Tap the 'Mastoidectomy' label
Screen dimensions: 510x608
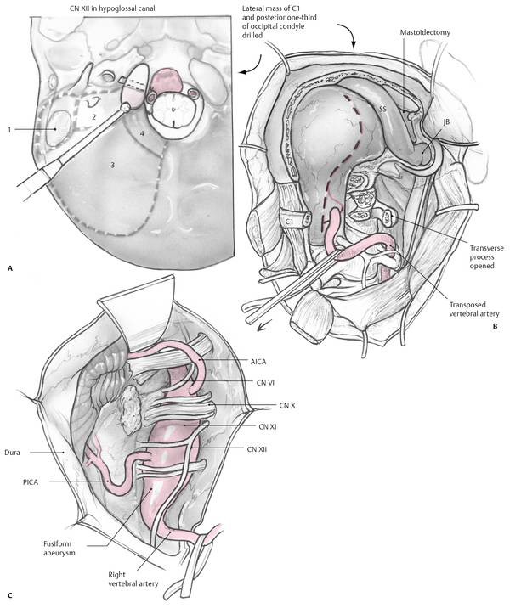[x=425, y=32]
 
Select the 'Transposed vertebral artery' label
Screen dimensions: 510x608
[x=474, y=309]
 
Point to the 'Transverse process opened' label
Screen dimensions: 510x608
[x=482, y=256]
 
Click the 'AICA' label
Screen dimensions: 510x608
[x=258, y=362]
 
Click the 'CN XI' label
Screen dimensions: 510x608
[x=268, y=426]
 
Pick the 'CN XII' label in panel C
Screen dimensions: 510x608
[x=257, y=449]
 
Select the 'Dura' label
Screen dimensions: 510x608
[x=13, y=452]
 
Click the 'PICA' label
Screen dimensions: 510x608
[x=30, y=482]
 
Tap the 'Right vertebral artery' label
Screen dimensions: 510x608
[x=133, y=578]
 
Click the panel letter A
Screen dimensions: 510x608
[x=10, y=268]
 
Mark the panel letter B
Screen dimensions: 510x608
[x=495, y=326]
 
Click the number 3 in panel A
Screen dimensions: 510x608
[x=112, y=166]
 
